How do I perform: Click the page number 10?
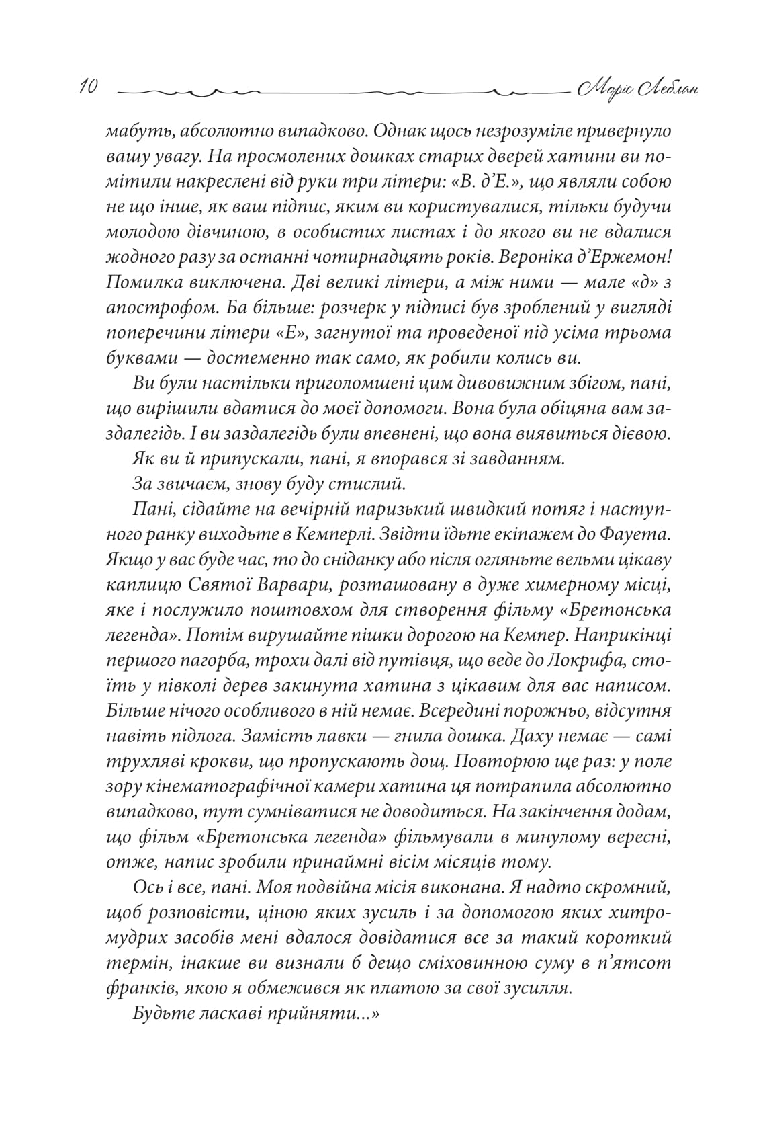click(x=89, y=88)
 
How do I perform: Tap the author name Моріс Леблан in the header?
click(x=635, y=88)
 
